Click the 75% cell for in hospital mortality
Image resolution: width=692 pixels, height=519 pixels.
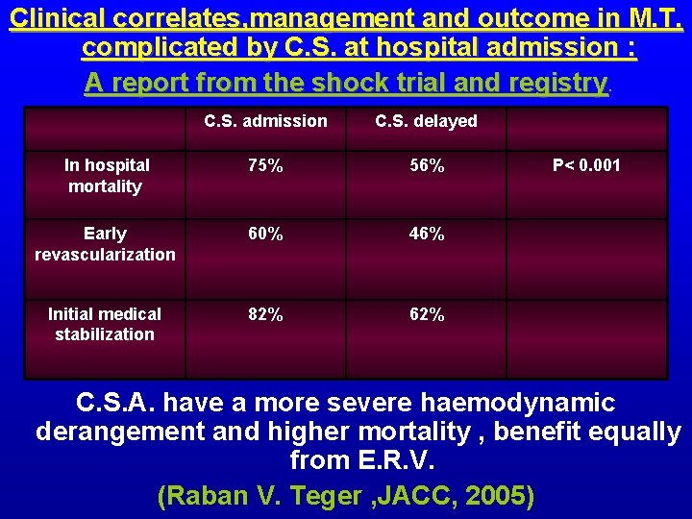(x=264, y=165)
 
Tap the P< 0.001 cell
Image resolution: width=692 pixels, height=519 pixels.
(x=586, y=165)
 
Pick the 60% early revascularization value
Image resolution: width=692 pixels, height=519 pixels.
(x=264, y=234)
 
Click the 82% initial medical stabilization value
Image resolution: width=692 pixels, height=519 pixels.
(x=264, y=314)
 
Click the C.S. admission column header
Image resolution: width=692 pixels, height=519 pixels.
(x=265, y=121)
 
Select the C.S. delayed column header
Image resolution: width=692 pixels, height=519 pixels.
(x=426, y=121)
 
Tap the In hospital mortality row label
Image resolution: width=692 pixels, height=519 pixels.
(x=105, y=176)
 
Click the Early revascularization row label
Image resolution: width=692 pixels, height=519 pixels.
(x=105, y=244)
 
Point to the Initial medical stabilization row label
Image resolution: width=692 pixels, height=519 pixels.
(x=105, y=324)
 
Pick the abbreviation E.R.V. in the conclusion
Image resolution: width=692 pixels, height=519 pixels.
(x=390, y=460)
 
